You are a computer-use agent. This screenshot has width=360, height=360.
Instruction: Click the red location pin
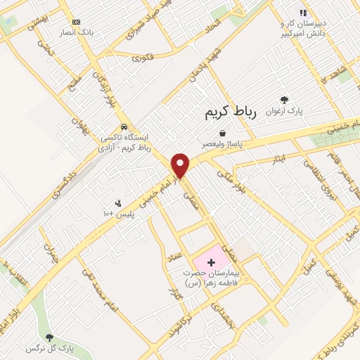pos(181,165)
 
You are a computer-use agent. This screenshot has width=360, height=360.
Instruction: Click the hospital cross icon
pos(212,262)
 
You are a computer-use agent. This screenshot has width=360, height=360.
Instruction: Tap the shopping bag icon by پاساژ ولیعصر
pos(223,133)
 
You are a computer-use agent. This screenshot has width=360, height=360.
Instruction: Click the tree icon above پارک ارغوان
pos(284,101)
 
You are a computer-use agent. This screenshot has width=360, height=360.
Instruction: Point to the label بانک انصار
pos(76,32)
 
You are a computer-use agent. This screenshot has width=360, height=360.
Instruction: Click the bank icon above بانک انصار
pos(76,22)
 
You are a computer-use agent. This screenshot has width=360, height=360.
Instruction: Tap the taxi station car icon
pos(124,127)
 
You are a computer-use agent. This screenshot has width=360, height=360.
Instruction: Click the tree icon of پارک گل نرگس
pos(49,338)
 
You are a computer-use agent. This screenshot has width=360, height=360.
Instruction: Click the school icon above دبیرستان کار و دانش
pos(304,13)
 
